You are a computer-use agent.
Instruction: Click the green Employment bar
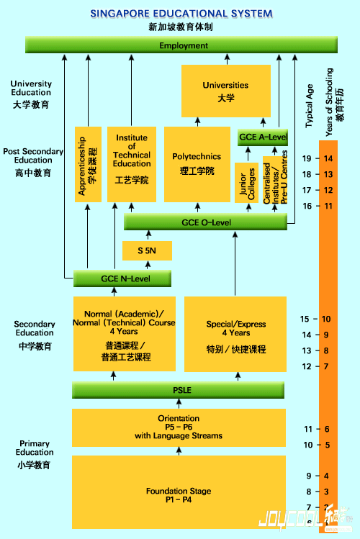(x=184, y=45)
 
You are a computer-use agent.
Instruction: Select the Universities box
(x=225, y=91)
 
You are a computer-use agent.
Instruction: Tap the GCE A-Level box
(x=262, y=137)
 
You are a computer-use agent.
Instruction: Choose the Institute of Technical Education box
(x=132, y=164)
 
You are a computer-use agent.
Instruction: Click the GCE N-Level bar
(x=122, y=278)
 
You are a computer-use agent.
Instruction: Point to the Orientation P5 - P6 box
(x=179, y=427)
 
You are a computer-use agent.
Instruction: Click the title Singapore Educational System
(x=181, y=14)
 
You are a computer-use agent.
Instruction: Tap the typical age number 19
(x=307, y=158)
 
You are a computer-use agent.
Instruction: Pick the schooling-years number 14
(x=328, y=158)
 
